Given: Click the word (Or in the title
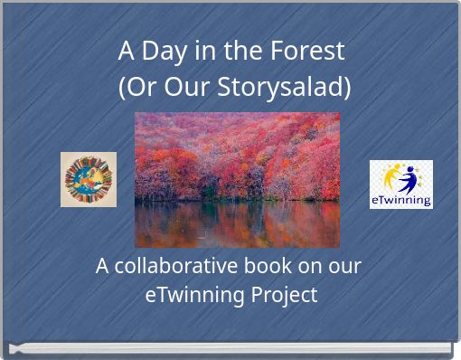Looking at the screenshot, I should pos(136,88).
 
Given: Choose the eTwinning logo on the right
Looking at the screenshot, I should pos(400,185).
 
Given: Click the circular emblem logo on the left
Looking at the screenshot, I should pos(89,179).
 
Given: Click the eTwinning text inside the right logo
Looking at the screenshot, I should pos(400,200).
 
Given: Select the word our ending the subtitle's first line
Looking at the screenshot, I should pos(343,266).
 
